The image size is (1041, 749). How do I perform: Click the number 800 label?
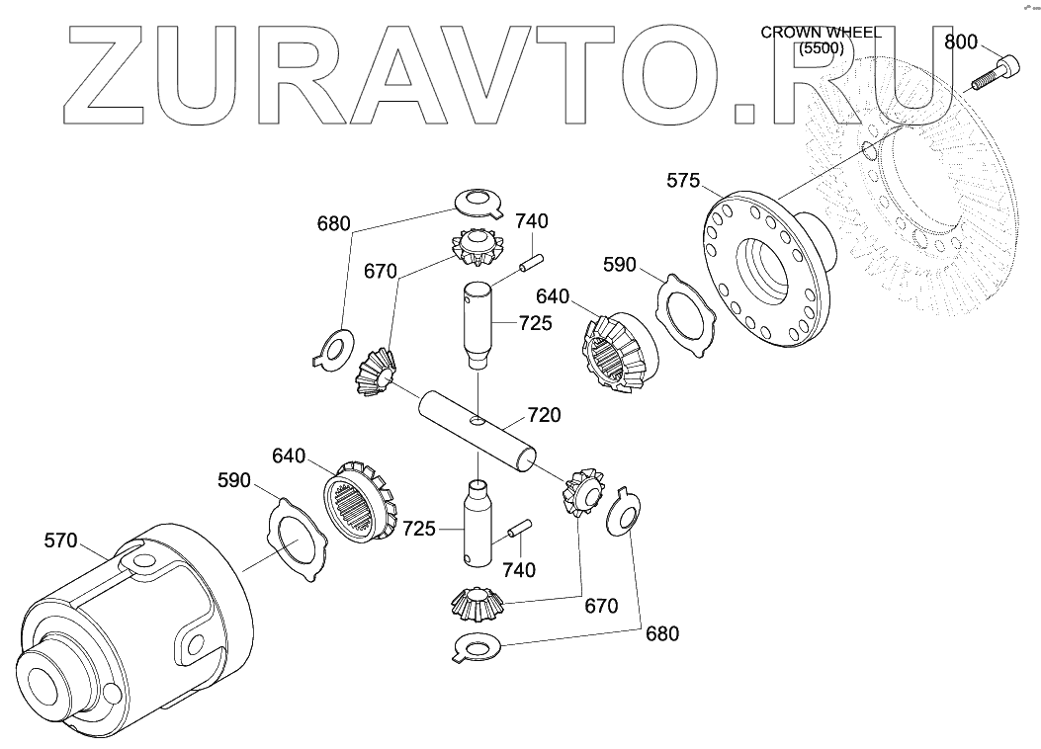[960, 42]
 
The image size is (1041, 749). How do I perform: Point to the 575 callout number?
[683, 181]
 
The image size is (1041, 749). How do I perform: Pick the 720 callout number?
[544, 415]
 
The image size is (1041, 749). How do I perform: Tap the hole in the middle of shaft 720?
[478, 422]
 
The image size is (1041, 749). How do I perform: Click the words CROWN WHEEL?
[821, 33]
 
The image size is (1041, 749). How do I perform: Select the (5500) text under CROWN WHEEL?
[821, 46]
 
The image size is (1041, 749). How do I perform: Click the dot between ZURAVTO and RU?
[754, 113]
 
